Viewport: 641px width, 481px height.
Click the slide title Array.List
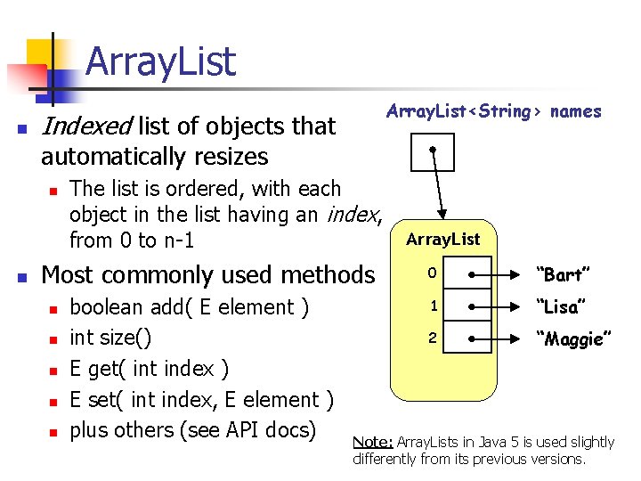[x=161, y=62]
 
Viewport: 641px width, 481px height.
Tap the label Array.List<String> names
[x=493, y=111]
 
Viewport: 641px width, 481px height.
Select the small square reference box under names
[x=432, y=151]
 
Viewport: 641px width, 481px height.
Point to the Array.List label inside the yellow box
[x=442, y=239]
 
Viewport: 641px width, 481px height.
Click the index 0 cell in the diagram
[x=428, y=274]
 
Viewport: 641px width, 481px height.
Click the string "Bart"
[x=558, y=274]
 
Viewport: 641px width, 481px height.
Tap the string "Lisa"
[x=558, y=306]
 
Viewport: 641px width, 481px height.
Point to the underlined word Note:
[x=373, y=442]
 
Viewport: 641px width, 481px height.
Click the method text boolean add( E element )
[x=189, y=307]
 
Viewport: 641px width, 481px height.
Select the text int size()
[x=110, y=338]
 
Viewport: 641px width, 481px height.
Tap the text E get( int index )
[x=149, y=369]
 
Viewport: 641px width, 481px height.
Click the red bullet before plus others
[x=53, y=432]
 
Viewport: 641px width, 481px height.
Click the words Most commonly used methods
[x=208, y=274]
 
